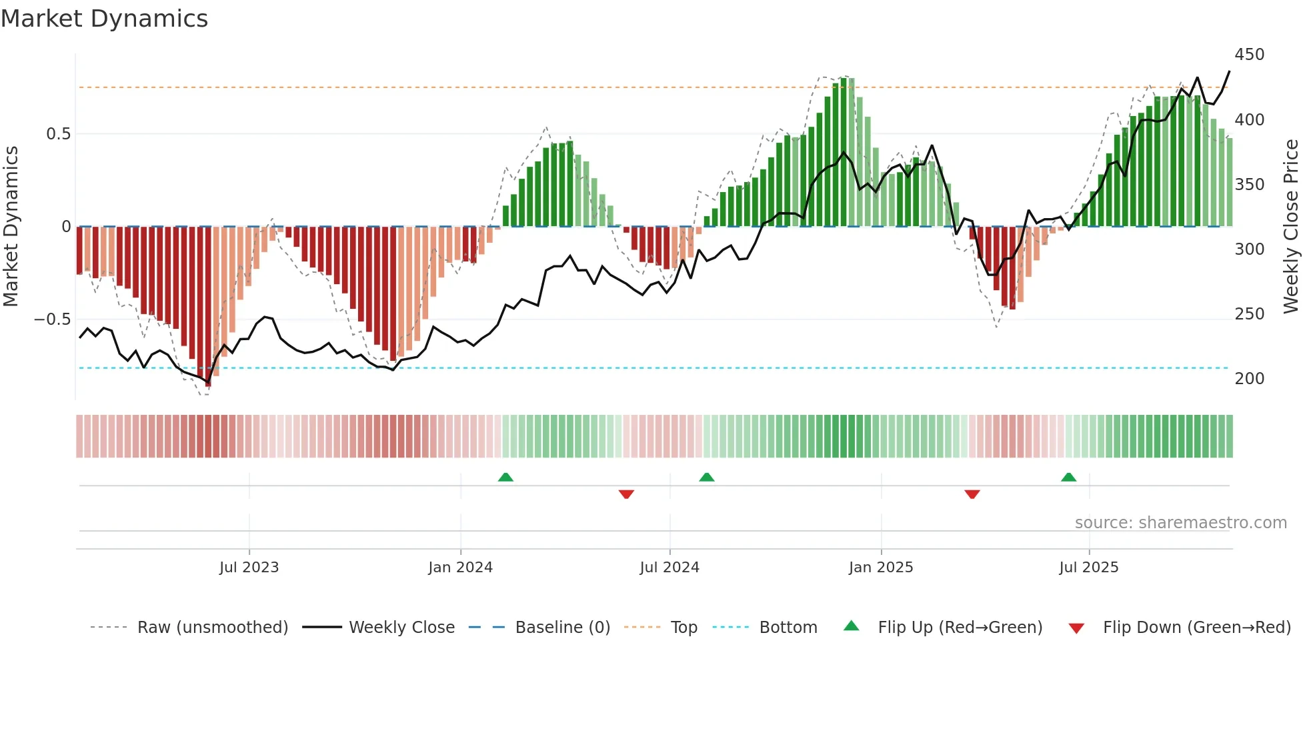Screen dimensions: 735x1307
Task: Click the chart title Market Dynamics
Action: (x=105, y=19)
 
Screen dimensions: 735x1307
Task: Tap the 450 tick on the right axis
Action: (x=1249, y=55)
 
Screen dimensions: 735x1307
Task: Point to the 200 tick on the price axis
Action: (x=1249, y=379)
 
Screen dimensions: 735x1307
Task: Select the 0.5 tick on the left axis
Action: (x=58, y=134)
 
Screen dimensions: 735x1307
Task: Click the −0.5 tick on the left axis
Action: (x=52, y=319)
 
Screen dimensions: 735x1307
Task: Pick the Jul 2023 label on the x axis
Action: (x=249, y=568)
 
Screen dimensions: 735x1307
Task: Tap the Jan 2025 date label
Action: (x=880, y=568)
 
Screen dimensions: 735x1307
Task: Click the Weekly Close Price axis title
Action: (x=1291, y=227)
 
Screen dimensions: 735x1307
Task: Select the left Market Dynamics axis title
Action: (x=11, y=227)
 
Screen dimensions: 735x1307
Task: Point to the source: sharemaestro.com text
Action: (x=1180, y=523)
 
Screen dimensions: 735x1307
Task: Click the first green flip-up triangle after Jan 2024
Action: (x=505, y=477)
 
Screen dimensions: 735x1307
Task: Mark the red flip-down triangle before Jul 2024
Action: (x=626, y=494)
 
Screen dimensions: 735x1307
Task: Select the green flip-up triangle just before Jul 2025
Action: (x=1068, y=477)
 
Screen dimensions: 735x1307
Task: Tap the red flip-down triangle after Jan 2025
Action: (x=972, y=494)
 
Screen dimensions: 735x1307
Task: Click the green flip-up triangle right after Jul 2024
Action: (x=707, y=477)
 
